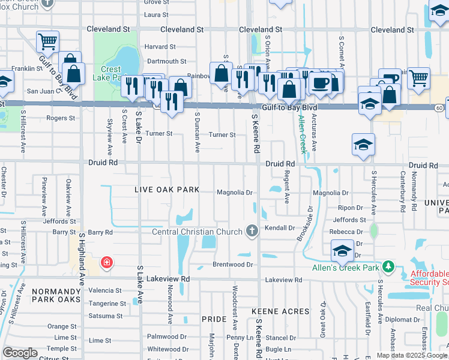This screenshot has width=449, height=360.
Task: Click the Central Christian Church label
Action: pos(199,232)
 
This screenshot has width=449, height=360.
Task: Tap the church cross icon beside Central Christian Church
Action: pos(253,231)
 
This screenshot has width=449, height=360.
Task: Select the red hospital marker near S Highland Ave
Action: pos(106,262)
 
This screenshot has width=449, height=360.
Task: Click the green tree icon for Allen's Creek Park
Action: pos(389,266)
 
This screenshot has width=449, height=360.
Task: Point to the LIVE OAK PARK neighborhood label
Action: pos(167,190)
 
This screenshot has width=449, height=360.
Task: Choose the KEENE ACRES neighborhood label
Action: pos(280,311)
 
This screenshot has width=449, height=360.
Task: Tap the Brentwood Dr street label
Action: pos(234,264)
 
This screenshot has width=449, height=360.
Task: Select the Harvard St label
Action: pos(161,46)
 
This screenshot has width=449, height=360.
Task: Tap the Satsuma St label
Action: pos(105,316)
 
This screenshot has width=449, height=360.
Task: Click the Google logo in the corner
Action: pos(20,353)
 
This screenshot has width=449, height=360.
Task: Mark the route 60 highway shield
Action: pos(440,107)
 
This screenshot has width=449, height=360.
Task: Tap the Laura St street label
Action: pos(156,14)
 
